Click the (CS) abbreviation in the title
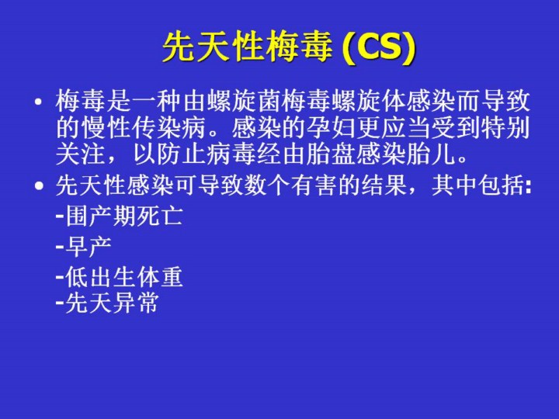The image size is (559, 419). (379, 47)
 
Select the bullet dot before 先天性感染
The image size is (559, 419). (39, 185)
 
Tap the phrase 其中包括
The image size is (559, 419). (479, 185)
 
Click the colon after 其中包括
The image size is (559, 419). (529, 187)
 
